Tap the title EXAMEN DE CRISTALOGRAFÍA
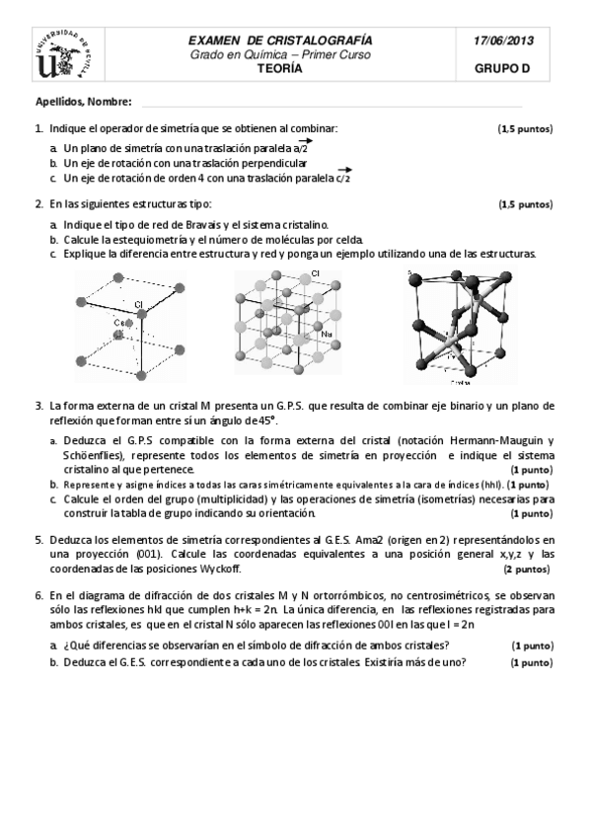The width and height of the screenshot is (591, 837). [x=280, y=40]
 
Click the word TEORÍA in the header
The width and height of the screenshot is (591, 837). [x=280, y=69]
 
